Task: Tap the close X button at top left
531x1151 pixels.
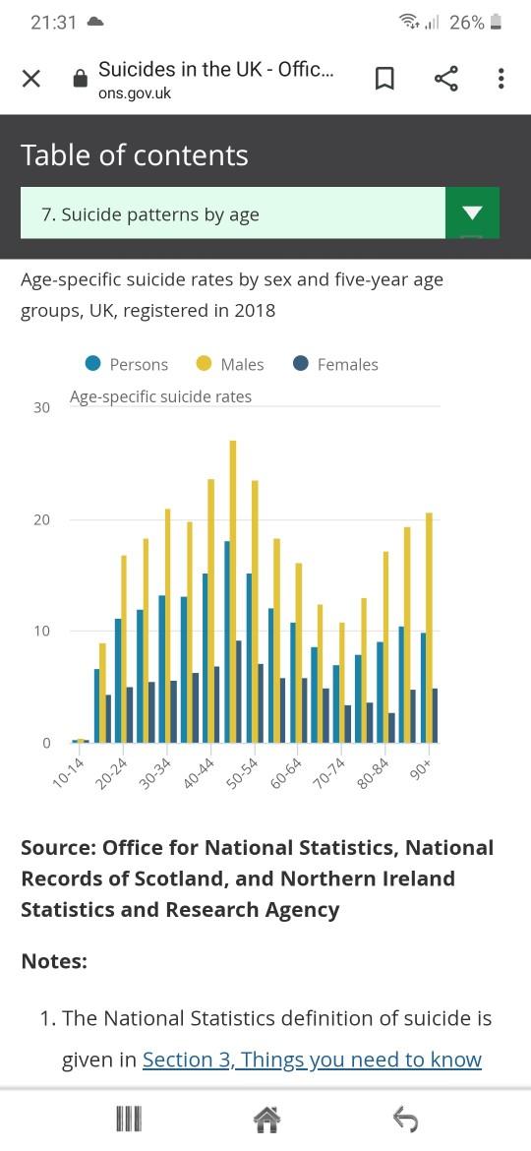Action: pos(30,79)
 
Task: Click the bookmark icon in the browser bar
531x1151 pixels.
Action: pos(384,79)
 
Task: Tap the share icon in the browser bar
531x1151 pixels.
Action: pos(445,79)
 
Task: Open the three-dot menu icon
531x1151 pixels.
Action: pos(501,79)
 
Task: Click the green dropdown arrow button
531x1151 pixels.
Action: pos(473,212)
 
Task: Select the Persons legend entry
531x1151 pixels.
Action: pos(127,364)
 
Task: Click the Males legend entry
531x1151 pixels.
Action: pos(230,364)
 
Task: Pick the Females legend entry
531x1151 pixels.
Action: pos(335,364)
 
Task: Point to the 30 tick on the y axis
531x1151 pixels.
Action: pos(42,407)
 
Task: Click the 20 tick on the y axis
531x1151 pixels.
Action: pos(42,519)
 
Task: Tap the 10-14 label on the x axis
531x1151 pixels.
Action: pos(69,774)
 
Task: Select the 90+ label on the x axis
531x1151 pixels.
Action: pos(423,770)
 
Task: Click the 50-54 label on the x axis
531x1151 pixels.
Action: pos(243,774)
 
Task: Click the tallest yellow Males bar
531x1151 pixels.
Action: pos(233,591)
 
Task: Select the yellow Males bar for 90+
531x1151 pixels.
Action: pos(429,627)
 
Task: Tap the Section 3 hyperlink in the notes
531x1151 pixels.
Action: pos(312,1060)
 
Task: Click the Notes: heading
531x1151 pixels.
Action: pos(54,961)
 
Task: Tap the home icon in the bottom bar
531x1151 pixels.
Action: pos(266,1120)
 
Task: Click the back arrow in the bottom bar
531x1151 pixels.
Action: pos(405,1120)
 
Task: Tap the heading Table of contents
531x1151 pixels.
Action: pos(135,154)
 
